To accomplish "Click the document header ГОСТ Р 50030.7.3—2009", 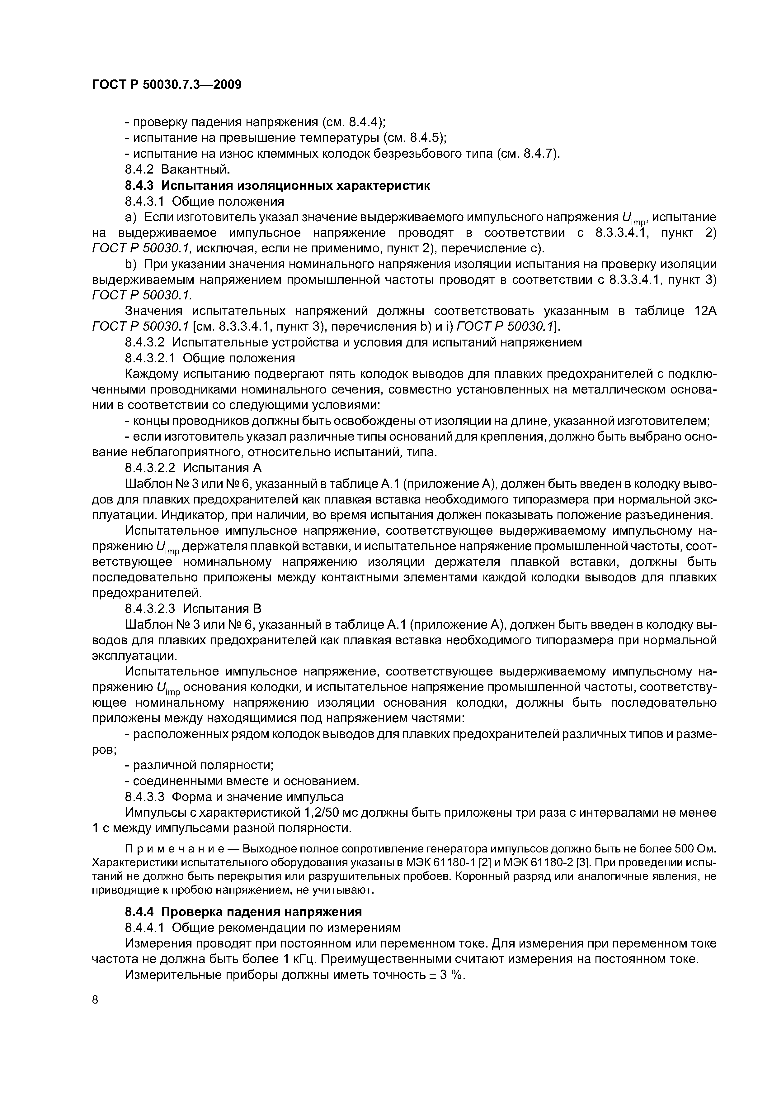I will [167, 85].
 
